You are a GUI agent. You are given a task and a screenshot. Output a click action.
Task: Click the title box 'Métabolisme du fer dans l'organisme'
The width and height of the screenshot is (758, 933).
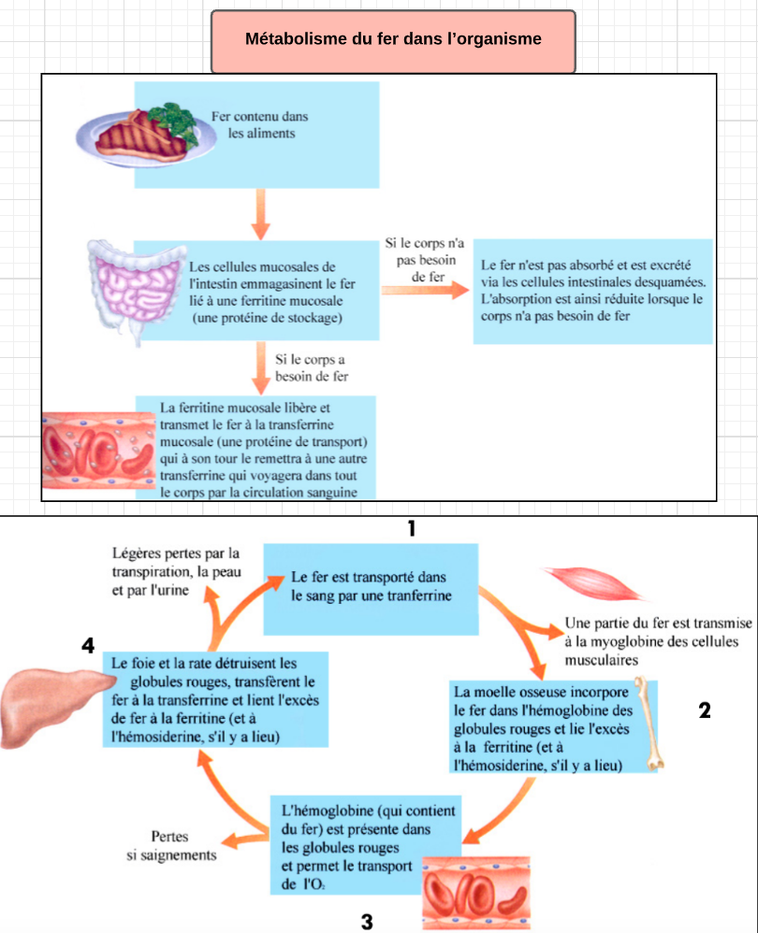tap(393, 41)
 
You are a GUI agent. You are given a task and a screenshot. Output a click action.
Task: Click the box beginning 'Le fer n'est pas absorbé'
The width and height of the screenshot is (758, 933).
tap(592, 291)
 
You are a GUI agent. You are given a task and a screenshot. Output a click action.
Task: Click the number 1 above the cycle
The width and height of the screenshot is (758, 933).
tap(410, 528)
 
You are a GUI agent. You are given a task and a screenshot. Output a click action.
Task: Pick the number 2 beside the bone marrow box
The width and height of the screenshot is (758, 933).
tap(705, 711)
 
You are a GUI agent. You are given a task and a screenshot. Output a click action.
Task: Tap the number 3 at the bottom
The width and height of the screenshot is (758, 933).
tap(367, 922)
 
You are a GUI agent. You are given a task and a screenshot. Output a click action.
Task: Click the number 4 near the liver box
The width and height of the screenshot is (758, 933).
tap(88, 645)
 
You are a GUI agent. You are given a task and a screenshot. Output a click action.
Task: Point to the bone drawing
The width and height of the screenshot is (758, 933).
tap(649, 724)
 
